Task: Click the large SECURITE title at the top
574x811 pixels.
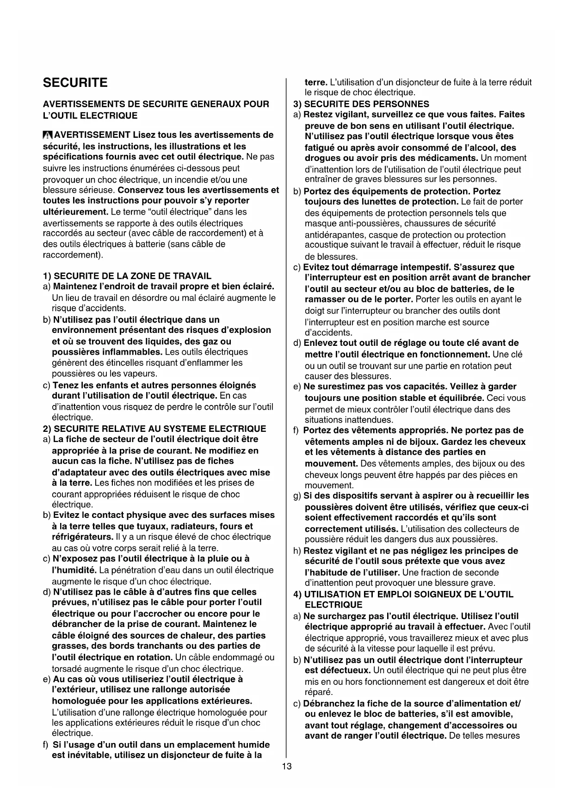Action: [x=75, y=83]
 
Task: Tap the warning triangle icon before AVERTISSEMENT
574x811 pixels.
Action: [x=48, y=135]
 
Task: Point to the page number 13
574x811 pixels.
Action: [x=287, y=767]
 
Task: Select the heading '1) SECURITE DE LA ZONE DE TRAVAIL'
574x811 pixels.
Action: [x=127, y=276]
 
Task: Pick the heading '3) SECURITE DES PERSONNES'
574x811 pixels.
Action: [x=362, y=104]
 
